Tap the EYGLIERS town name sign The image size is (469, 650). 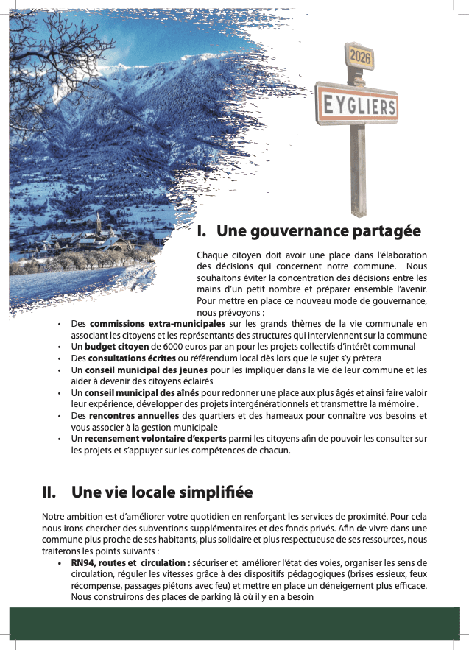pos(358,106)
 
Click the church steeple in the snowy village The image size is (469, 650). pos(98,221)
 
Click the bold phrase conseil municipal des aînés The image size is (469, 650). pos(142,393)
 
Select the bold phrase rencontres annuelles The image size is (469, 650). pos(134,416)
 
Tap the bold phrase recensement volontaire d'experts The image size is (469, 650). pos(155,439)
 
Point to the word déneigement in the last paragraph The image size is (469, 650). pos(360,586)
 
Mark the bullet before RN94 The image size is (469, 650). pos(60,563)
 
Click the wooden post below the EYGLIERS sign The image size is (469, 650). pos(358,169)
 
